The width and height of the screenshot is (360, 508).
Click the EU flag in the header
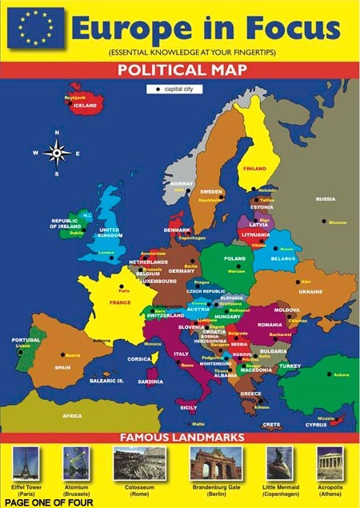(x=31, y=29)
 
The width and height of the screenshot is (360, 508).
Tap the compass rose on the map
(x=57, y=151)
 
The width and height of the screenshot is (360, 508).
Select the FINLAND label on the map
(x=254, y=169)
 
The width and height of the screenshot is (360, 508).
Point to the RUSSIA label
(x=325, y=198)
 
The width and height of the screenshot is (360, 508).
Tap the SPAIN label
(x=62, y=367)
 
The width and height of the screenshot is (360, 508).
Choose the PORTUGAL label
(x=26, y=339)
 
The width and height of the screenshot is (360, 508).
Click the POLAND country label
(x=234, y=259)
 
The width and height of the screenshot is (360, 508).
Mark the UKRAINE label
(x=311, y=291)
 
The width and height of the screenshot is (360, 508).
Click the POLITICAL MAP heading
(x=180, y=69)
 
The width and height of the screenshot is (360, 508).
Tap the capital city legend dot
(x=158, y=88)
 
